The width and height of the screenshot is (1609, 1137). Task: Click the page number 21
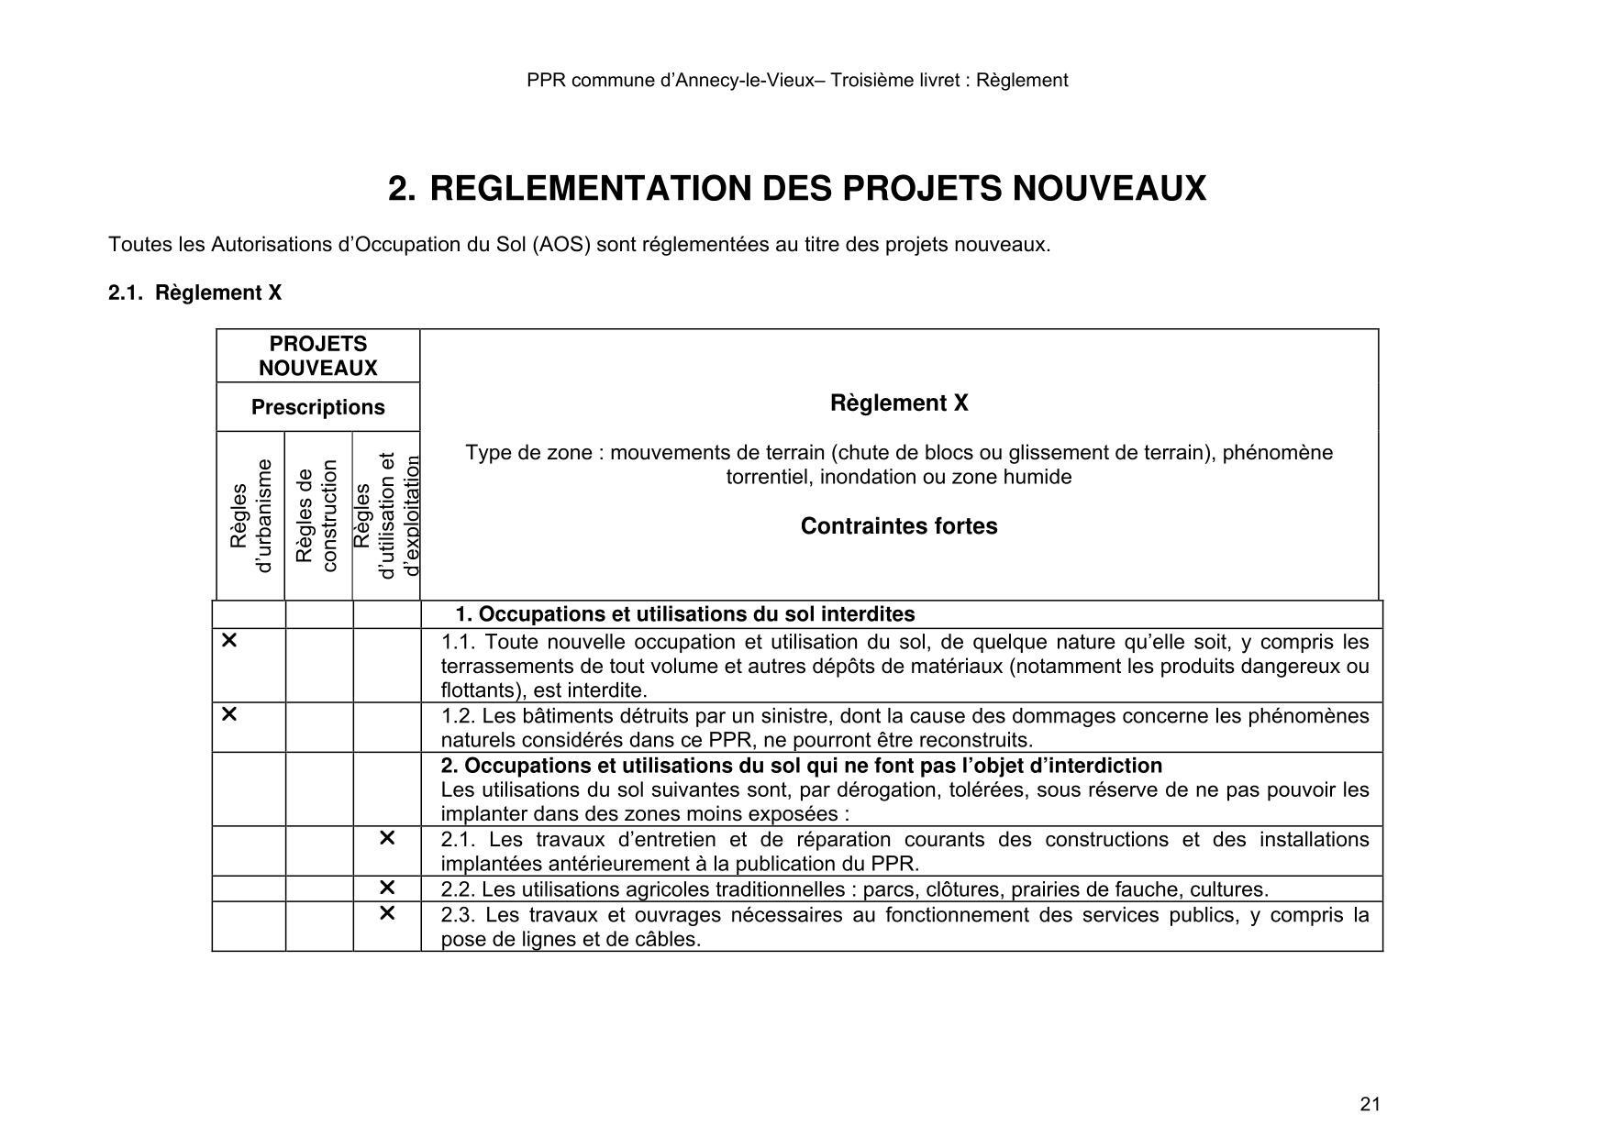[1370, 1104]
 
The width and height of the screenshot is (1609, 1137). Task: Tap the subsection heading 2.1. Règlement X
[194, 293]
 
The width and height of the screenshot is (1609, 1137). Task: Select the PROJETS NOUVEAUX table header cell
[317, 356]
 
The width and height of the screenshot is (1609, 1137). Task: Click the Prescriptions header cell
[317, 407]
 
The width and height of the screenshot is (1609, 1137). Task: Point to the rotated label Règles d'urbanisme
[250, 516]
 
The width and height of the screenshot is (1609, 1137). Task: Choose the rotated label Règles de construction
[317, 516]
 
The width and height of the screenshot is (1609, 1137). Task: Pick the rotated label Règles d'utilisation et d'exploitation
[386, 516]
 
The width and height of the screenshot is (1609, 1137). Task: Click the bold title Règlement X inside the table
[898, 403]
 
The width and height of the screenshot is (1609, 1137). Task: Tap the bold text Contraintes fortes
[898, 526]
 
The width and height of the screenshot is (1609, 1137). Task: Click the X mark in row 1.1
[229, 641]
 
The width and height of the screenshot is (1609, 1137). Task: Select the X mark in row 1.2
[229, 714]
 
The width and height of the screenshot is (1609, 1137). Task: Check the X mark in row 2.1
[387, 838]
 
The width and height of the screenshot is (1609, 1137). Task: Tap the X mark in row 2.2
[387, 888]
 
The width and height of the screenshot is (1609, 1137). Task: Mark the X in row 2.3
[387, 913]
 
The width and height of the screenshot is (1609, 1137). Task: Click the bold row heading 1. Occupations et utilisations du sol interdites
[684, 614]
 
